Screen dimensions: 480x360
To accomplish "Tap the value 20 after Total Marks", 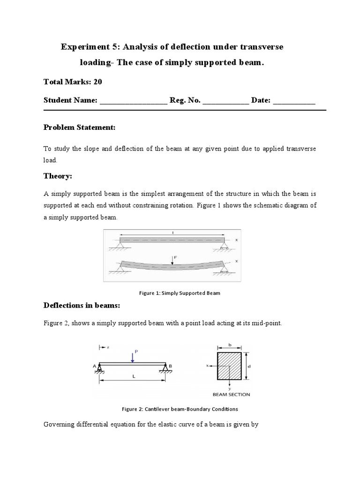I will coord(97,82).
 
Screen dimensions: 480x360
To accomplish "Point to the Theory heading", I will coord(58,176).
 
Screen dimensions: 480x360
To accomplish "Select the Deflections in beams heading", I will coord(82,306).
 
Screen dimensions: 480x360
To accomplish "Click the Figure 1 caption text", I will coord(180,293).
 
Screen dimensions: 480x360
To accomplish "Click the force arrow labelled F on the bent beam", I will coord(172,260).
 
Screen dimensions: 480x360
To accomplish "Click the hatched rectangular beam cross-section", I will coord(229,366).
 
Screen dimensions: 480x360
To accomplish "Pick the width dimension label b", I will coord(229,345).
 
